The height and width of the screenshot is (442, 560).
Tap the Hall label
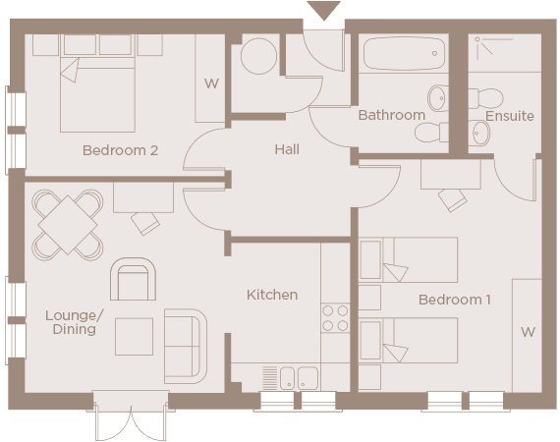coord(287,150)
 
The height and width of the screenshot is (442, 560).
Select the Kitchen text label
coord(271,295)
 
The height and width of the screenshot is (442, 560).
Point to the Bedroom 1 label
coord(455,299)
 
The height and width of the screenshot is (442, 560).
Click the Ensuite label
coord(509,116)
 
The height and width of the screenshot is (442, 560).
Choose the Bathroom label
coord(391,115)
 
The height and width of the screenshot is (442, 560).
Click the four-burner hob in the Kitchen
coord(335,317)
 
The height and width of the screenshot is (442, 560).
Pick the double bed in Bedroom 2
coord(98,93)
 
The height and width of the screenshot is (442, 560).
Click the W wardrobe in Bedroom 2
coord(211,83)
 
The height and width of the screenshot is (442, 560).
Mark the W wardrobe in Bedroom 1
coord(528,333)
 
